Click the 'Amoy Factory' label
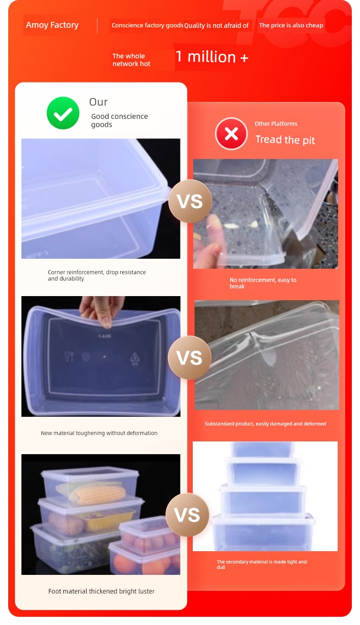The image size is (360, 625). pos(52,25)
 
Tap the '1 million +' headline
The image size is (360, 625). pos(212,57)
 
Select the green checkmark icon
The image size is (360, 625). pos(63,113)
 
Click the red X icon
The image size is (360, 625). pos(231,133)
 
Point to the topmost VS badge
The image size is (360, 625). pos(190,201)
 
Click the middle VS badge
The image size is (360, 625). pos(189,358)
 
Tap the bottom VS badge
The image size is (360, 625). pos(187,514)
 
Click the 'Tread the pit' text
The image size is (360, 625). pos(285,140)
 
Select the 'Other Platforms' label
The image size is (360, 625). pos(276,123)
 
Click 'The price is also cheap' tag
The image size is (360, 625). pos(291,25)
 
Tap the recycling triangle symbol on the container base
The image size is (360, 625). pos(135,359)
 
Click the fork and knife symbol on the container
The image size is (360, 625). pos(69,356)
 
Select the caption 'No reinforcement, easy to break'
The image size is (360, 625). pos(263,283)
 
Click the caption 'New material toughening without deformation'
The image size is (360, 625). pos(99,433)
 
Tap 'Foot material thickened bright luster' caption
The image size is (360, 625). pos(101,591)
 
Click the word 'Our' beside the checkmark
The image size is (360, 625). pos(98,102)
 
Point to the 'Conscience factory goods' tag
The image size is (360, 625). pos(147,25)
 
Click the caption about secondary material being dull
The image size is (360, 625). pos(262,564)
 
